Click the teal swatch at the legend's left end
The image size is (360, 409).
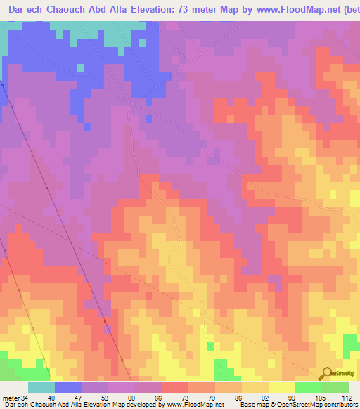[41, 388]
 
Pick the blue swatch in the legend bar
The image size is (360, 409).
[68, 388]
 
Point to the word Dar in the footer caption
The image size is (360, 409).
[7, 405]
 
